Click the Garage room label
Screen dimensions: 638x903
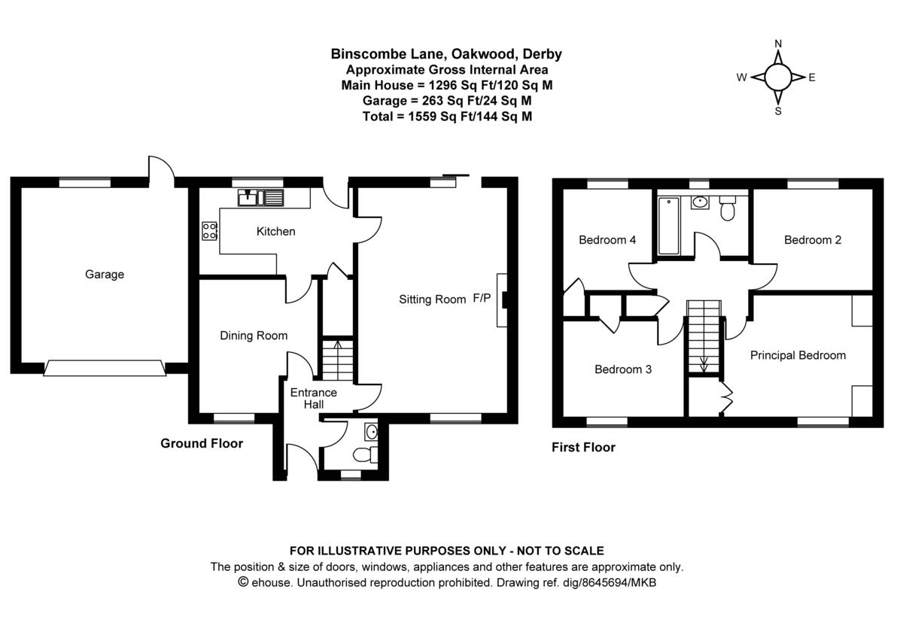pyautogui.click(x=104, y=275)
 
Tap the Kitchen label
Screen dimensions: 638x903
pyautogui.click(x=275, y=232)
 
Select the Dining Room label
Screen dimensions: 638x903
pyautogui.click(x=254, y=336)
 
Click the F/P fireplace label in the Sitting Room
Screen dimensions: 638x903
pyautogui.click(x=482, y=299)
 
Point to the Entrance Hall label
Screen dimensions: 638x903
pyautogui.click(x=314, y=399)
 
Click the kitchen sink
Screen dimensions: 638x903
pyautogui.click(x=260, y=199)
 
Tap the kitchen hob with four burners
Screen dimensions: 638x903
pyautogui.click(x=209, y=231)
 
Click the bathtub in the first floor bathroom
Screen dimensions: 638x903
pyautogui.click(x=668, y=226)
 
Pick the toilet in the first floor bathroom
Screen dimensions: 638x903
pyautogui.click(x=727, y=210)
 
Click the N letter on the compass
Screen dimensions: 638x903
pyautogui.click(x=778, y=44)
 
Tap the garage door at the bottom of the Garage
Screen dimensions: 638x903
pyautogui.click(x=105, y=368)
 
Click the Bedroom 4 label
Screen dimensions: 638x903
pyautogui.click(x=607, y=240)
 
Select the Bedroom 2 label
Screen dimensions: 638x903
pyautogui.click(x=813, y=240)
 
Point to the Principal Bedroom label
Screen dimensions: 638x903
pyautogui.click(x=798, y=355)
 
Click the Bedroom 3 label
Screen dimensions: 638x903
pyautogui.click(x=623, y=369)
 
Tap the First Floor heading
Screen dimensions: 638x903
pyautogui.click(x=583, y=448)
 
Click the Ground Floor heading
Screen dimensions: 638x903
pyautogui.click(x=202, y=443)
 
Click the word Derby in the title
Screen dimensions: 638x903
pyautogui.click(x=543, y=54)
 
